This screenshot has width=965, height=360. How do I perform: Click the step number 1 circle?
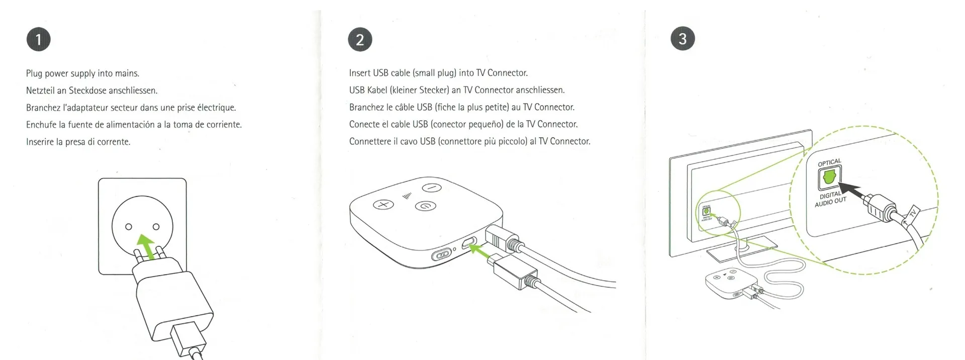tap(39, 39)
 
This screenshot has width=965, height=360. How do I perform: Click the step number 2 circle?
tap(360, 39)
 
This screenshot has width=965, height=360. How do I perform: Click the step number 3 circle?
tap(683, 39)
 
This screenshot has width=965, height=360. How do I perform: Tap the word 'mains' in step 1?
tap(127, 73)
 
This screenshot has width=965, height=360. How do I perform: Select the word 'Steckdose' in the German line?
tap(87, 91)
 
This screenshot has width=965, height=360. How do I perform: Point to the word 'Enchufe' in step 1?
tap(41, 125)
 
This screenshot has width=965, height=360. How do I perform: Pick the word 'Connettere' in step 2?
tap(370, 141)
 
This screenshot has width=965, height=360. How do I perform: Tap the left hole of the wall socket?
tap(129, 227)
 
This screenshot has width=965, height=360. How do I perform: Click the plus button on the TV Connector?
tap(383, 205)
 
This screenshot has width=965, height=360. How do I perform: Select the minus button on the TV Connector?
tap(432, 188)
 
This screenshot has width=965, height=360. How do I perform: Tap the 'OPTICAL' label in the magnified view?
tap(829, 162)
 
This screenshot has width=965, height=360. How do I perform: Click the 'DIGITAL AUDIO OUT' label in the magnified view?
tap(830, 199)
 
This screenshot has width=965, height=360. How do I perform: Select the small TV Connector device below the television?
tap(727, 285)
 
